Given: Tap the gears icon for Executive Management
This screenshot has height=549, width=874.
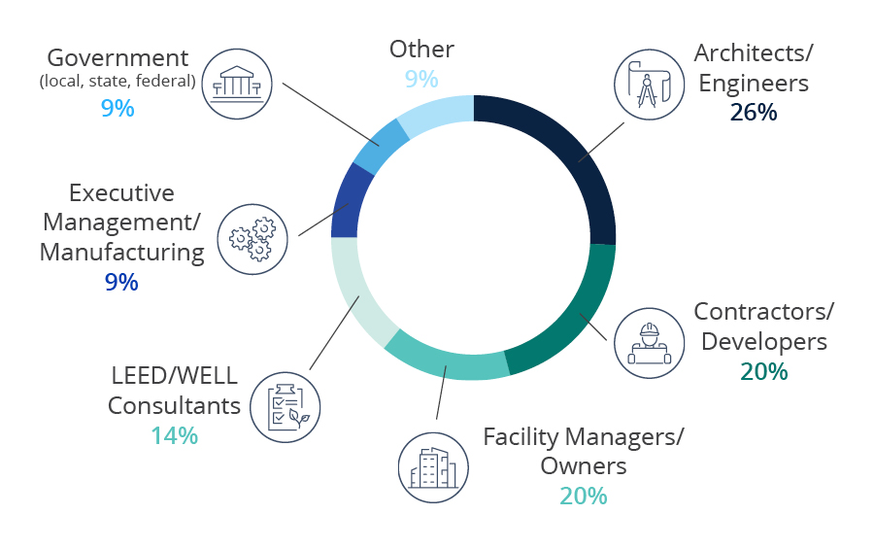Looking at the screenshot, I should [x=252, y=238].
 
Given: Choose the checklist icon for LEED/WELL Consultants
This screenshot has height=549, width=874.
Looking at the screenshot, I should [x=286, y=405].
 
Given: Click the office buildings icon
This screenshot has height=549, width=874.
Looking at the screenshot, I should [x=433, y=468].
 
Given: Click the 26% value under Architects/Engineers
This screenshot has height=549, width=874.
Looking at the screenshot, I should [x=754, y=112].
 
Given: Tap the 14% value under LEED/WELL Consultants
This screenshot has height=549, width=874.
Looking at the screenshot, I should [x=174, y=435].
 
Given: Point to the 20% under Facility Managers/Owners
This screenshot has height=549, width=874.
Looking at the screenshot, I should [x=583, y=496].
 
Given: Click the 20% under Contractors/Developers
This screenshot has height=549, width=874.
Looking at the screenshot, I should [x=763, y=371].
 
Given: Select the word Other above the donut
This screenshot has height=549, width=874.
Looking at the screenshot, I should [x=421, y=49].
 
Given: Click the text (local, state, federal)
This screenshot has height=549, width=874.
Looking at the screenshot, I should [x=118, y=82].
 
